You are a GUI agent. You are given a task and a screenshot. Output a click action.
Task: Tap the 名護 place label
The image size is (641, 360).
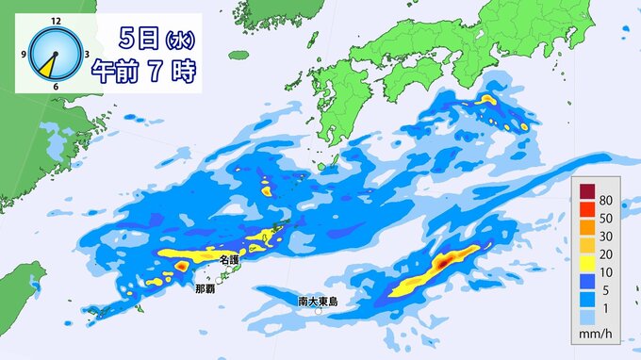point(229,258)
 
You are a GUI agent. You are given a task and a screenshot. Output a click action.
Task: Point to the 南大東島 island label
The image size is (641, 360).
point(315,302)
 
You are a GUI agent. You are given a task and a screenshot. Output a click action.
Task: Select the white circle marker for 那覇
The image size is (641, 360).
point(220,280)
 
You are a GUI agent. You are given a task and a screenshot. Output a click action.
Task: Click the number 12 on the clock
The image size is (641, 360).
point(57,20)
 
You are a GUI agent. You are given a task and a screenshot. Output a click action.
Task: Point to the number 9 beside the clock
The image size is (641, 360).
point(26,55)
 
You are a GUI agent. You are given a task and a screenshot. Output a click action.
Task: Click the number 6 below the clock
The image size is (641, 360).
point(57,88)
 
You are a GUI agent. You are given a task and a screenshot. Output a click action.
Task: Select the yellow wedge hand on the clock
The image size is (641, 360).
point(47,67)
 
